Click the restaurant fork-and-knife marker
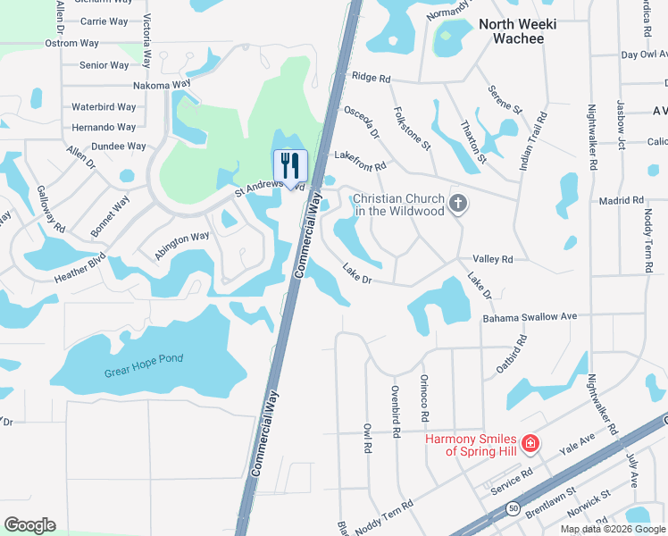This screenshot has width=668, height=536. pos(289,165)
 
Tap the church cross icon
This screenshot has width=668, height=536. pos(458,204)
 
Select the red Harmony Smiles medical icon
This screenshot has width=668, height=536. pos(530,443)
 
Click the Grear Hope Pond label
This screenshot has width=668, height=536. pos(143,359)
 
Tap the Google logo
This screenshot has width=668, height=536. pos(29,525)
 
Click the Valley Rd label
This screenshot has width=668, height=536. pos(492,259)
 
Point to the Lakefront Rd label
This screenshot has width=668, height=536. pos(360,160)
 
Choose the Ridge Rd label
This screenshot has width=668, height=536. pos(372,79)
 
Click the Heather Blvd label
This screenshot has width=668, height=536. pos(79,267)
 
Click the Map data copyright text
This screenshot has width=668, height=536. pos(613,529)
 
